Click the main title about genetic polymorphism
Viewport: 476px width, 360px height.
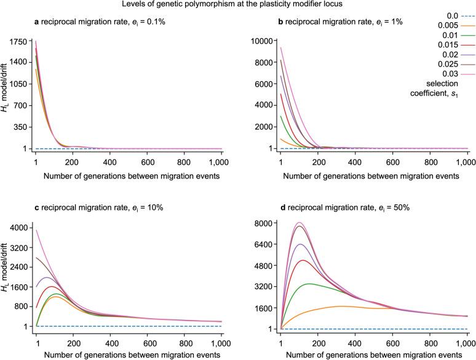238,5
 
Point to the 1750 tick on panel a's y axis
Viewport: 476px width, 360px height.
20,41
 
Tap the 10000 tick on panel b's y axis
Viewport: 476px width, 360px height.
260,41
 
